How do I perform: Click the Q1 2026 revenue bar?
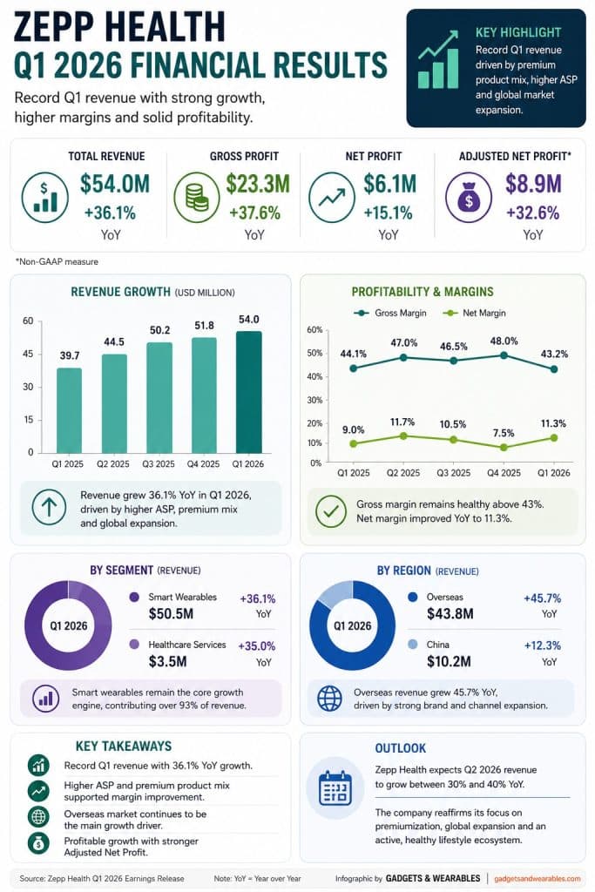(248, 392)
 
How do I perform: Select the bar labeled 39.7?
(69, 410)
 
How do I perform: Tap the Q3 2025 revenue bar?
(159, 397)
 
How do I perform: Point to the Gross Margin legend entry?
(389, 313)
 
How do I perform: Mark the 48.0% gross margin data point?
(504, 355)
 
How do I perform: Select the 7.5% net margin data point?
(504, 447)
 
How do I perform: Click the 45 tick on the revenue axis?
(28, 354)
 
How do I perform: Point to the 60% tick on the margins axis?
(314, 330)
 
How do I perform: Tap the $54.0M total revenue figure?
(115, 184)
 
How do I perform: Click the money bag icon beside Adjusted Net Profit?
(469, 198)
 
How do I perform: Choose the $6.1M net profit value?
(389, 184)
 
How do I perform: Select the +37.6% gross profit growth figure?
(255, 213)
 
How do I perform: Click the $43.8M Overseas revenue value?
(450, 614)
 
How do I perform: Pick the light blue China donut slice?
(335, 594)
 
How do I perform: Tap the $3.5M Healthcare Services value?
(167, 662)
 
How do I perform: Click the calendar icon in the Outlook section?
(335, 787)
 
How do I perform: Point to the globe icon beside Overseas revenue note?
(330, 699)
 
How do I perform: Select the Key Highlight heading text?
(518, 32)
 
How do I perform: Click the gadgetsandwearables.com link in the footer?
(537, 878)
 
